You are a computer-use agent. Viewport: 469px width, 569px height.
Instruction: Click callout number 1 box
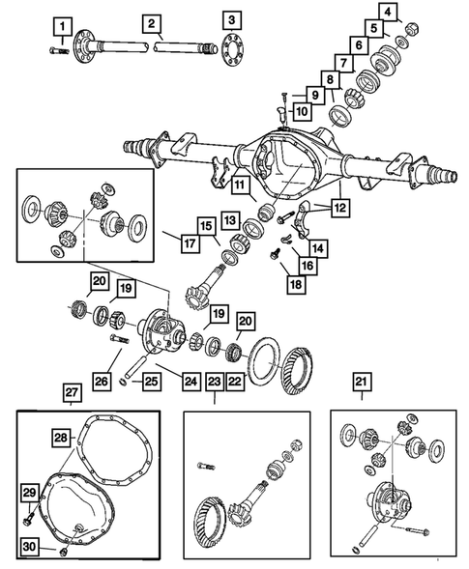(x=63, y=26)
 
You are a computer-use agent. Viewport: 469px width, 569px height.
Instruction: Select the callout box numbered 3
(x=232, y=20)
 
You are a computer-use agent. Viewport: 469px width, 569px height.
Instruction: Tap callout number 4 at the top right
(x=388, y=12)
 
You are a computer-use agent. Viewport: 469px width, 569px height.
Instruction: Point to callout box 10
(x=302, y=111)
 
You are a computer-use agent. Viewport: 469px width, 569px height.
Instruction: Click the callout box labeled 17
(x=190, y=242)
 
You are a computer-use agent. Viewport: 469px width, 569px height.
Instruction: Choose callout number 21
(x=361, y=382)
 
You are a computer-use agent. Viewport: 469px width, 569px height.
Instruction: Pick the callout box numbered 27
(x=72, y=392)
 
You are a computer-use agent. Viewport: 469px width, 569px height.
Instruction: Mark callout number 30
(x=29, y=546)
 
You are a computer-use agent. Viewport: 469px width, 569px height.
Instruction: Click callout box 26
(x=102, y=381)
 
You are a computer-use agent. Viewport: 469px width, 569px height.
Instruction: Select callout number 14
(x=317, y=248)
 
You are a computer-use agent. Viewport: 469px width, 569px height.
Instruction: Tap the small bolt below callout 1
(x=59, y=51)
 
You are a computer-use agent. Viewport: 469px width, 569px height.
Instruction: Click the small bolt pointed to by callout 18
(x=275, y=253)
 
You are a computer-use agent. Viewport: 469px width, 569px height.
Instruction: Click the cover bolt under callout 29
(x=29, y=520)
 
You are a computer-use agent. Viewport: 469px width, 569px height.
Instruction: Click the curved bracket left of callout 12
(x=304, y=220)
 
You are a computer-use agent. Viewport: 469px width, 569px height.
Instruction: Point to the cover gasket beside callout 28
(x=115, y=450)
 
